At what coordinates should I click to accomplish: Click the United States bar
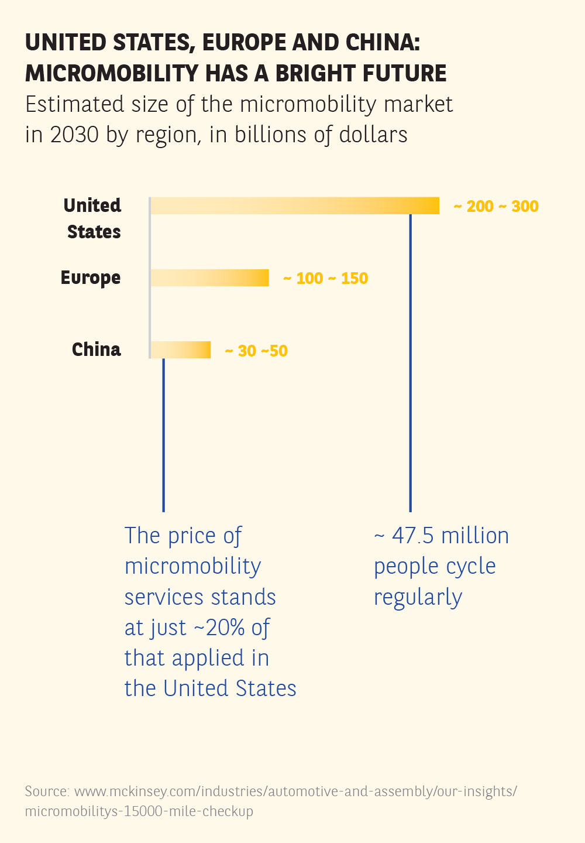point(295,206)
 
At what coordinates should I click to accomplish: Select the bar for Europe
point(210,278)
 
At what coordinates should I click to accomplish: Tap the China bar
point(181,350)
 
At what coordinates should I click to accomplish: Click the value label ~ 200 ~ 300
point(496,207)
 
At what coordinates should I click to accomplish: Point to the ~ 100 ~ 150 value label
point(326,279)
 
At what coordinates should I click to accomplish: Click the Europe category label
point(91,278)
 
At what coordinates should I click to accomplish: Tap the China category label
point(97,349)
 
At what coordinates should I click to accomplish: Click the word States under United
point(94,232)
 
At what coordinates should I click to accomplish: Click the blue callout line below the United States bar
point(411,363)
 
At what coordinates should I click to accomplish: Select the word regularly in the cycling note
point(418,598)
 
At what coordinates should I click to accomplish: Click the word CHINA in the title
point(379,43)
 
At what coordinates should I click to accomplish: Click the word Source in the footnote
point(46,791)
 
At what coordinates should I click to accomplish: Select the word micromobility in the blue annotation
point(192,567)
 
